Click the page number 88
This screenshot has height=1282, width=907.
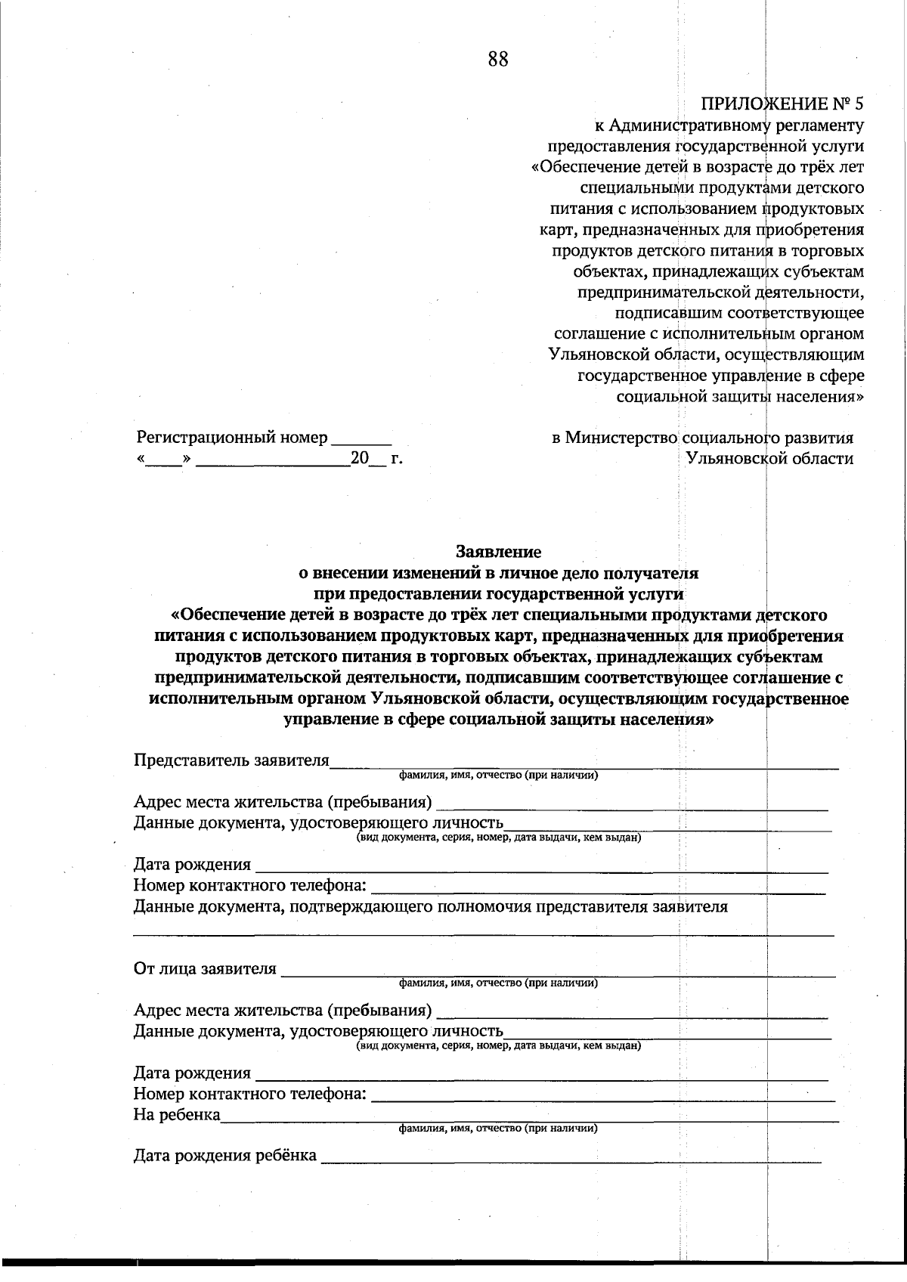498,60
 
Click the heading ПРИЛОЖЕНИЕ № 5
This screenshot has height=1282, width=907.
782,103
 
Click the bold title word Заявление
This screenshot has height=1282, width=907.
498,552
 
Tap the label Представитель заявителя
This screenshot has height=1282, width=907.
231,760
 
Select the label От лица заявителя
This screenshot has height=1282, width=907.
205,969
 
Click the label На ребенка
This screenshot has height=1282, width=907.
177,1114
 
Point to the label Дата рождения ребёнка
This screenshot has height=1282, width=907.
225,1155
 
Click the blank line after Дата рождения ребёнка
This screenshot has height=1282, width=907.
571,1158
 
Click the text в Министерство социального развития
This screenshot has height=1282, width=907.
703,438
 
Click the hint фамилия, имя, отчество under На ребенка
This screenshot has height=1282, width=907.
499,1129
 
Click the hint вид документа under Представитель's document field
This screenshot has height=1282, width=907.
499,838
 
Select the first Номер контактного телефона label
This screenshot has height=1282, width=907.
250,885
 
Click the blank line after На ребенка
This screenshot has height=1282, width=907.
529,1118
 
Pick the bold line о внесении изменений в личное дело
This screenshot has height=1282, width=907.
498,572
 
